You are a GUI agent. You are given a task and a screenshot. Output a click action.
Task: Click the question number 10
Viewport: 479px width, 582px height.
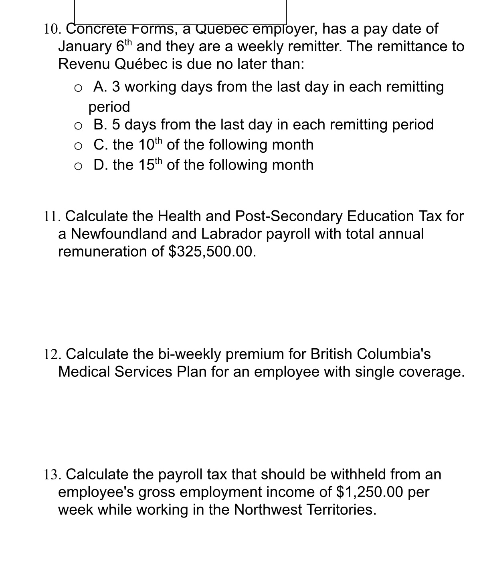click(52, 29)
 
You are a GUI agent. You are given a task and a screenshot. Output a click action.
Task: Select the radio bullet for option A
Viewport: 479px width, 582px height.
click(79, 88)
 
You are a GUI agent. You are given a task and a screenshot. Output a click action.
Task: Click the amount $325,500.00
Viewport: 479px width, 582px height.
click(212, 251)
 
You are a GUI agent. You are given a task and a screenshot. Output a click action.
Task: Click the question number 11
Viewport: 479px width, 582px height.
click(52, 216)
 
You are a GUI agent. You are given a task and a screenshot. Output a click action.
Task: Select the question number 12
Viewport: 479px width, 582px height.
click(52, 354)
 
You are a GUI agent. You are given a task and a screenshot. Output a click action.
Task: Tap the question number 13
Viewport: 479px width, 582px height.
click(52, 475)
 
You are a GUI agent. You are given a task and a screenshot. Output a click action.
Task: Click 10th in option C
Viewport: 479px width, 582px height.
click(151, 144)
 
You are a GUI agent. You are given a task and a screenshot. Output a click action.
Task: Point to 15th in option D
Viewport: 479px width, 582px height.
click(151, 164)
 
